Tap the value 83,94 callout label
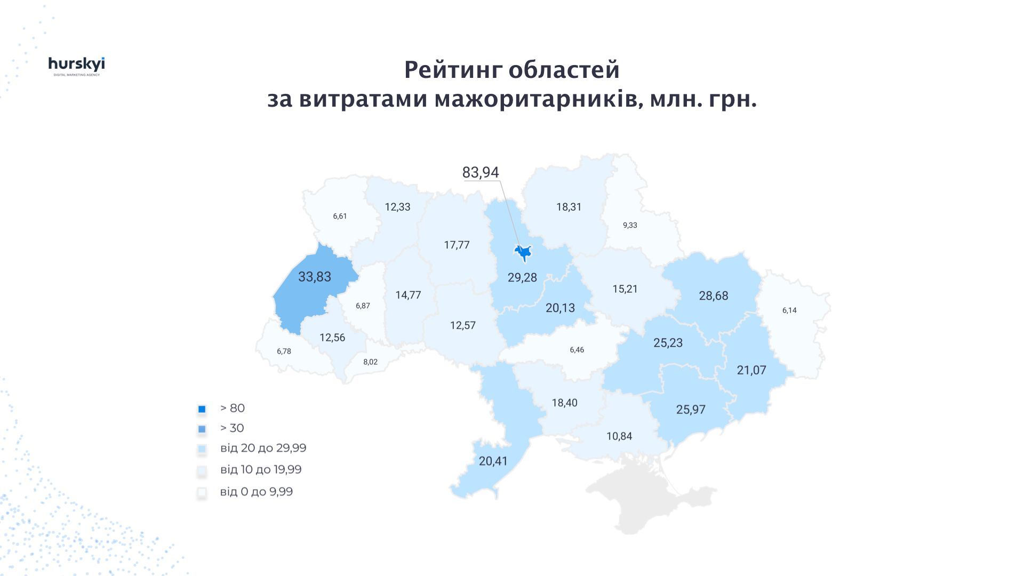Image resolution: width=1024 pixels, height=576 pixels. [x=480, y=172]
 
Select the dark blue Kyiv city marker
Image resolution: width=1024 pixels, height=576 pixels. [x=523, y=252]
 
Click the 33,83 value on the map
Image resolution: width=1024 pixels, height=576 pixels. [x=315, y=277]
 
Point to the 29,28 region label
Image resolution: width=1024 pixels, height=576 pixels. [x=522, y=277]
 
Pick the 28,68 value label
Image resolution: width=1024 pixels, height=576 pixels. [x=713, y=295]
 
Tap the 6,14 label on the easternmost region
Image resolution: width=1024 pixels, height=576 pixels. [x=789, y=310]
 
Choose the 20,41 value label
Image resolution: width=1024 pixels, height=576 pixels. [x=493, y=461]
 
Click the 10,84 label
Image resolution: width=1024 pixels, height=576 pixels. [x=619, y=436]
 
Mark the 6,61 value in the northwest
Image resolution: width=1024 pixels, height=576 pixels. [x=340, y=216]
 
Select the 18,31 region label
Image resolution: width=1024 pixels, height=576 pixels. [x=569, y=207]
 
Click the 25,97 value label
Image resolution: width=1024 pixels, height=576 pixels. [x=691, y=410]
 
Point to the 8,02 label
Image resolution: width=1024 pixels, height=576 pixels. [x=370, y=362]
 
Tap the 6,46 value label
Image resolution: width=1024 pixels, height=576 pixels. [x=577, y=350]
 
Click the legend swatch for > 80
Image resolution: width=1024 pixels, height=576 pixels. [x=202, y=409]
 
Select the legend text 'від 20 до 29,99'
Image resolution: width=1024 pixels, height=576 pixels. [x=263, y=448]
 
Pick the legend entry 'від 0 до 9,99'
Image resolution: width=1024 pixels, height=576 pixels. [x=256, y=492]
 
